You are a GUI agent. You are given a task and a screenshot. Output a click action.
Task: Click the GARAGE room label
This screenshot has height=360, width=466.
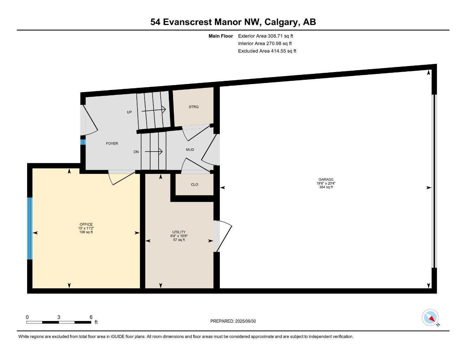[326, 179]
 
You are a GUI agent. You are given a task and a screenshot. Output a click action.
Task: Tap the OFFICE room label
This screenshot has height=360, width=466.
[86, 224]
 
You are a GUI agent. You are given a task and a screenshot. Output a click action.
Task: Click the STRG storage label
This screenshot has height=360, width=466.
[193, 107]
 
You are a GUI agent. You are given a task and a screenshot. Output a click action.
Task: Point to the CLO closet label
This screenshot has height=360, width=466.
[194, 185]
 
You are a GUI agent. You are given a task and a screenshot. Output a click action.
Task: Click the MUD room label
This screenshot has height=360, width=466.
[190, 150]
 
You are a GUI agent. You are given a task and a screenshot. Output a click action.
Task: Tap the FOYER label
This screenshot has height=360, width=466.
[112, 143]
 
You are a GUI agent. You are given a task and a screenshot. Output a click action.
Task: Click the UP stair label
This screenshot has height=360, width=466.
[129, 112]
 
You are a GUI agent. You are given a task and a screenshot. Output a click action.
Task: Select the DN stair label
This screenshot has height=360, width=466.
[136, 152]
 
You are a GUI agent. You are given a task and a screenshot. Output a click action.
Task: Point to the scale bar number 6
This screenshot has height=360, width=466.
[91, 317]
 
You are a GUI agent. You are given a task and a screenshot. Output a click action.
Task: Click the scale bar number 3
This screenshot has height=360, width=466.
[59, 317]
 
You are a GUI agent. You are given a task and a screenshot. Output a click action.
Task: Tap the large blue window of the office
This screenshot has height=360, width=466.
[30, 228]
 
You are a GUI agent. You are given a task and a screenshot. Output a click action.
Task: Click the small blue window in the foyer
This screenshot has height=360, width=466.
[83, 142]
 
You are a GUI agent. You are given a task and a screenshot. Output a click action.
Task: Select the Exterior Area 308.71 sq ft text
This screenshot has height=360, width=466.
[266, 36]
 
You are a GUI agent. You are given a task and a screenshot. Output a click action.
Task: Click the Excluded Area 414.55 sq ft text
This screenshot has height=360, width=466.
[267, 51]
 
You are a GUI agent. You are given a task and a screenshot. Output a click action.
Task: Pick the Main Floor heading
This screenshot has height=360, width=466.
[221, 36]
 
